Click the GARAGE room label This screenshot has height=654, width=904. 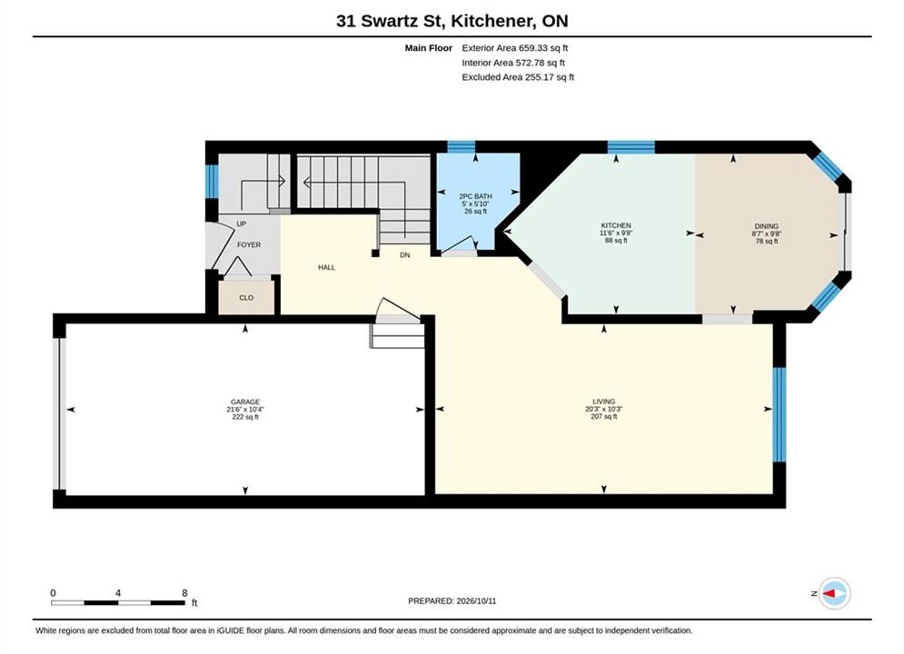pyautogui.click(x=245, y=401)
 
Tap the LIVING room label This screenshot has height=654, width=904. pyautogui.click(x=603, y=401)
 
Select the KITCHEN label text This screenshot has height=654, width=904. pyautogui.click(x=616, y=225)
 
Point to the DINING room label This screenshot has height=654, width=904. pyautogui.click(x=766, y=226)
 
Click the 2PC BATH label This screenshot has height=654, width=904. pyautogui.click(x=475, y=196)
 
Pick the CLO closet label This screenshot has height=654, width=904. pyautogui.click(x=246, y=298)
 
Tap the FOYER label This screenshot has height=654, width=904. pyautogui.click(x=248, y=245)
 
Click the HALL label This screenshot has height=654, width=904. pyautogui.click(x=326, y=267)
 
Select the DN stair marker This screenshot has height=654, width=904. pyautogui.click(x=404, y=254)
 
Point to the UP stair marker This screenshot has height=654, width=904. pyautogui.click(x=241, y=223)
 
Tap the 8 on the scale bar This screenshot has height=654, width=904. pyautogui.click(x=184, y=593)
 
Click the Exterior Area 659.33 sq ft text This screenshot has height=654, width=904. pyautogui.click(x=515, y=48)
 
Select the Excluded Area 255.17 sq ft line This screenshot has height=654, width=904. pyautogui.click(x=518, y=76)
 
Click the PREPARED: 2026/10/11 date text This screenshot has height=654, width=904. pyautogui.click(x=452, y=601)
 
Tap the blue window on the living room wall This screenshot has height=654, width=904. pyautogui.click(x=779, y=414)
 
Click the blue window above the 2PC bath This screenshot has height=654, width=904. pyautogui.click(x=462, y=146)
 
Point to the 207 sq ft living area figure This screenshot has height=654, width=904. pyautogui.click(x=603, y=417)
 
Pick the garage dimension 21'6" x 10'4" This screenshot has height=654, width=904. pyautogui.click(x=245, y=410)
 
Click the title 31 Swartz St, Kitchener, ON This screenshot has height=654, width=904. pyautogui.click(x=452, y=21)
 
